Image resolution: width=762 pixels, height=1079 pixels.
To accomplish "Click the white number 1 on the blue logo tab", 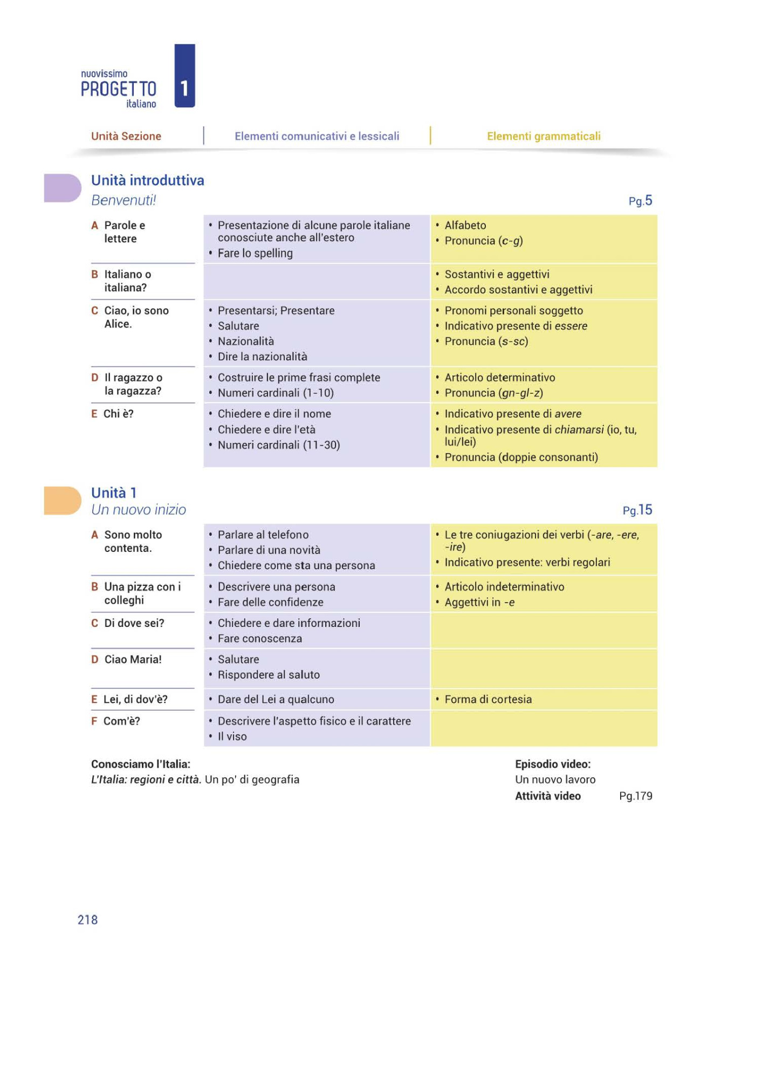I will pos(184,88).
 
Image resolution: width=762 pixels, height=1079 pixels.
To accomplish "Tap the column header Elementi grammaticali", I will pos(543,136).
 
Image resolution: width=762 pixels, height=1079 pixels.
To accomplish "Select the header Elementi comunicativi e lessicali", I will pos(317,136).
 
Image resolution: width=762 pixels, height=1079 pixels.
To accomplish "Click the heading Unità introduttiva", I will pos(147,180).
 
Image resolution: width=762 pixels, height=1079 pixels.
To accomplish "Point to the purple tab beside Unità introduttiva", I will pos(61,188).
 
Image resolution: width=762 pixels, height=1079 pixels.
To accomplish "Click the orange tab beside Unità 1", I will pos(61,500).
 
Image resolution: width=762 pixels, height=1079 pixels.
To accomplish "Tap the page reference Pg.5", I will pos(640,201).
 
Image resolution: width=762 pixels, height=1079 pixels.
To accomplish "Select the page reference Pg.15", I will pos(637,510).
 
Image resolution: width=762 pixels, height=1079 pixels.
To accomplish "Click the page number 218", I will pos(87,920).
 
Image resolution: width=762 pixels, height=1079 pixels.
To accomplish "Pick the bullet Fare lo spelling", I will pos(255,253).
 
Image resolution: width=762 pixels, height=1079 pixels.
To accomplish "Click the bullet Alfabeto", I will pos(465,225).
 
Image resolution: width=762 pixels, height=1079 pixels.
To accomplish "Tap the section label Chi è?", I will pos(118,414).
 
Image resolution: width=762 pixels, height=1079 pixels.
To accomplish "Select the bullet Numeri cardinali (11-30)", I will pos(278,445).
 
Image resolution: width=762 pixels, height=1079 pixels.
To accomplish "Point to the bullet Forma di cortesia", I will pos(488,699).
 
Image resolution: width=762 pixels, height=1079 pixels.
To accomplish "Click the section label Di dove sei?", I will pos(134,623).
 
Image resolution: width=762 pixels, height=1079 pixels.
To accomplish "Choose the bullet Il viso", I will pos(232,736).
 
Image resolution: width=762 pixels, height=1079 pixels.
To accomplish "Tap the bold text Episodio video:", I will pos(552,764).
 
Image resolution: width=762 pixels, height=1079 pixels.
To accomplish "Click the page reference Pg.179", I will pos(635,796).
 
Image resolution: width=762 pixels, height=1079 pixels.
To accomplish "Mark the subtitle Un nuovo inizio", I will pos(139,510).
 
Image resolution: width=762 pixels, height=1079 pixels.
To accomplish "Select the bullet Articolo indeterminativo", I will pos(504,586).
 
